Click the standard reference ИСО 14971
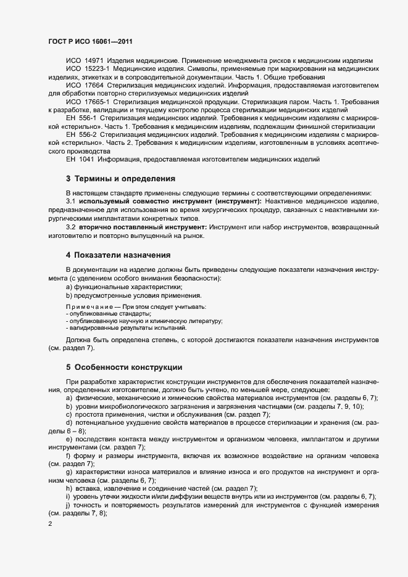point(86,62)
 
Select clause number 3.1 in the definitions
point(70,202)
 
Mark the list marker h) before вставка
point(69,488)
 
